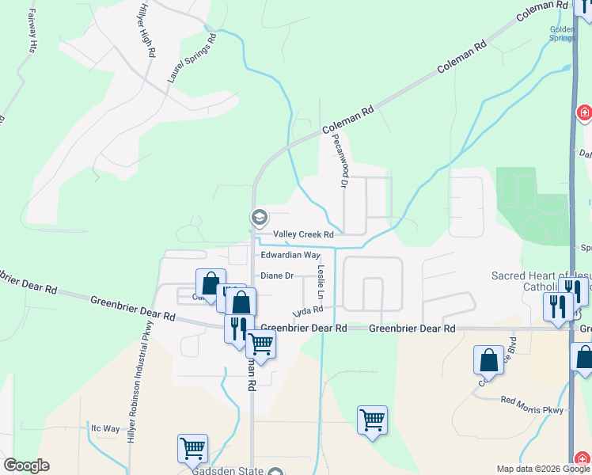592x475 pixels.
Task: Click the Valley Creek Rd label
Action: click(303, 234)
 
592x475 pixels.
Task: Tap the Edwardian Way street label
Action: click(290, 256)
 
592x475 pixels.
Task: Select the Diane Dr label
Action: click(278, 275)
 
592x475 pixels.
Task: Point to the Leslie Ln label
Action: click(321, 281)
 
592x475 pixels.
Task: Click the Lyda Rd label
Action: click(308, 311)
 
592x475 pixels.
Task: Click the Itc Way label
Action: click(105, 428)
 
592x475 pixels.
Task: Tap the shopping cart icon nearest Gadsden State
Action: click(192, 448)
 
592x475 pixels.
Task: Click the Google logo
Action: click(26, 465)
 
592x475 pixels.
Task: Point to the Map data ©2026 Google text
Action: click(542, 469)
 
